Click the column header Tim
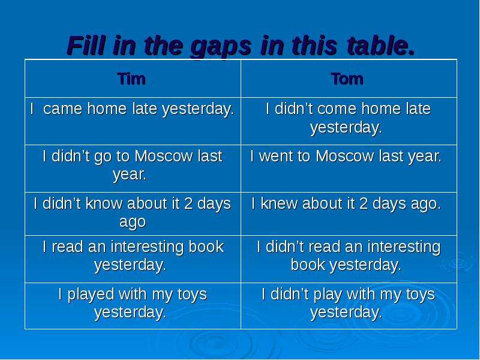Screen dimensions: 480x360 (131, 79)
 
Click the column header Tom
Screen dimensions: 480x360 (347, 79)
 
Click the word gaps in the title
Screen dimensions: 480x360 (220, 47)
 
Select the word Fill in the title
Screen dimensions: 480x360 (86, 46)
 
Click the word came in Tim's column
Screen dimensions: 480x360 (63, 109)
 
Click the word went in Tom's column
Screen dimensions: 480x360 (274, 156)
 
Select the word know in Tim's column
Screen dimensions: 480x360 (104, 203)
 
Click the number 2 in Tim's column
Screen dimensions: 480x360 (188, 203)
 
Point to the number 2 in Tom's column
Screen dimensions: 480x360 (364, 203)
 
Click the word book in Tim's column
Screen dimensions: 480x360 (206, 247)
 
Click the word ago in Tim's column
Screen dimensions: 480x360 (133, 222)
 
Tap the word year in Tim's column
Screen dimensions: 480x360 (130, 175)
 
